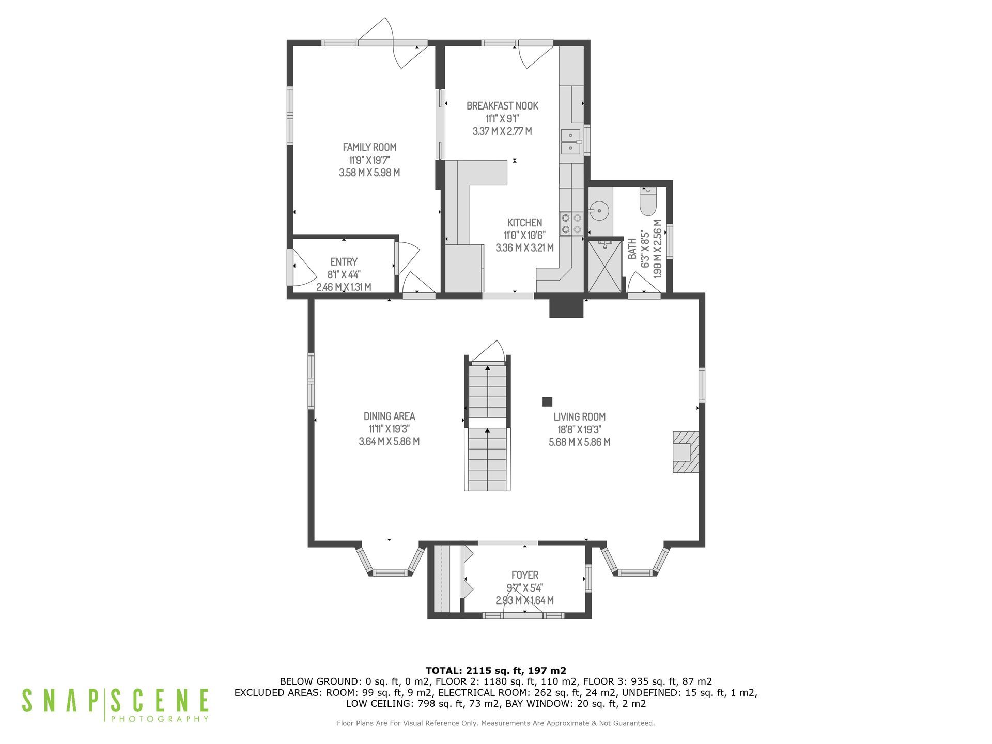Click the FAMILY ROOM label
pos(369,147)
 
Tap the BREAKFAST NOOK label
pos(502,106)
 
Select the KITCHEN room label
pos(524,223)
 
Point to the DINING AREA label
pos(389,416)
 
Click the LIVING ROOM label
pos(579,417)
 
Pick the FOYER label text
pos(525,575)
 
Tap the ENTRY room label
pos(344,262)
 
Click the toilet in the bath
pos(647,202)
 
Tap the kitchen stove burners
pos(571,224)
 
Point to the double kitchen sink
pos(571,142)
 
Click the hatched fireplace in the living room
pos(686,452)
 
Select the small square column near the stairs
pos(547,401)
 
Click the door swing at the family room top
pos(393,43)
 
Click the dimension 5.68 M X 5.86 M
pos(579,442)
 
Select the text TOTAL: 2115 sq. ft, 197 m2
pos(496,671)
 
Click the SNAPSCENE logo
pos(115,705)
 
